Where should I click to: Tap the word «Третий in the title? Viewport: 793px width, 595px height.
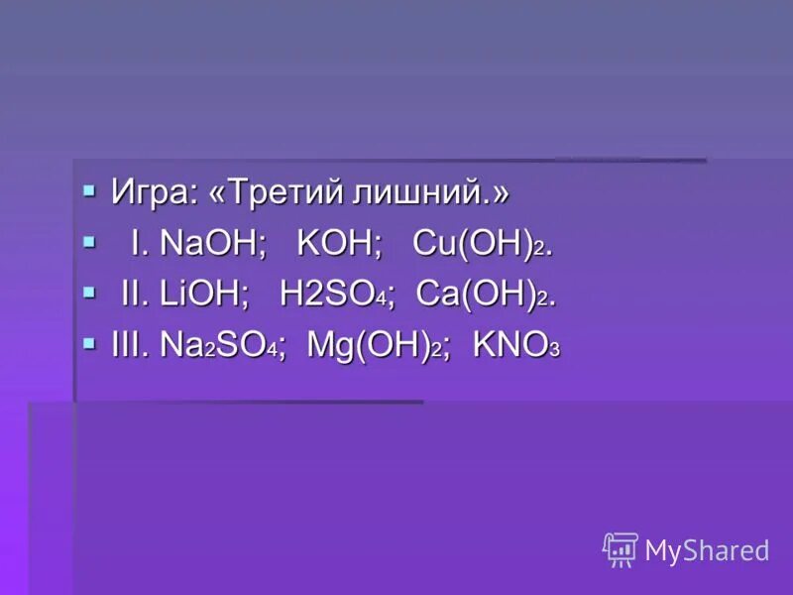click(x=277, y=192)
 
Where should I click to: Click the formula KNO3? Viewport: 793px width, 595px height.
click(x=516, y=345)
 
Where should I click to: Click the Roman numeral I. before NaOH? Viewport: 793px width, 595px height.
click(x=139, y=244)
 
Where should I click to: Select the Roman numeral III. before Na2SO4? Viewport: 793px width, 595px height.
click(x=132, y=345)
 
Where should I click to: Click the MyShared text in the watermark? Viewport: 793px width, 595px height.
click(x=707, y=550)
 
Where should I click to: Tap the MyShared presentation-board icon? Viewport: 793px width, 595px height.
click(x=621, y=549)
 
